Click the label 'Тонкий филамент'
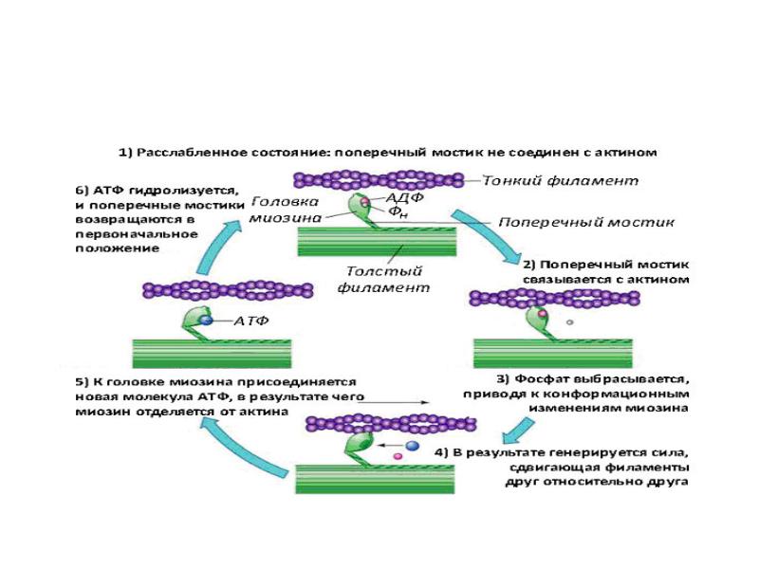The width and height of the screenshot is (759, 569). (561, 181)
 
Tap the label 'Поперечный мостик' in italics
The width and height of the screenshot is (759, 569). (586, 222)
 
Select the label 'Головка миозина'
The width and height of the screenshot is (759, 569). (285, 210)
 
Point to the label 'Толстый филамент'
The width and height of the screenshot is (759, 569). (383, 279)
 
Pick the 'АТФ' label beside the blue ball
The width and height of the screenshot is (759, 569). (250, 321)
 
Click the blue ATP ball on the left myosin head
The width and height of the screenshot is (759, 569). (207, 320)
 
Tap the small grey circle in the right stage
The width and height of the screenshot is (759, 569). (570, 321)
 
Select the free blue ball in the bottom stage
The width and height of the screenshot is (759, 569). (412, 445)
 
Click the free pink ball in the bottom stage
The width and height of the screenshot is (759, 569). (398, 456)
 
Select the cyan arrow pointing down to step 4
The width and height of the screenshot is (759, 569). (517, 431)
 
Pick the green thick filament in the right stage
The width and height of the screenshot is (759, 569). (553, 353)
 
